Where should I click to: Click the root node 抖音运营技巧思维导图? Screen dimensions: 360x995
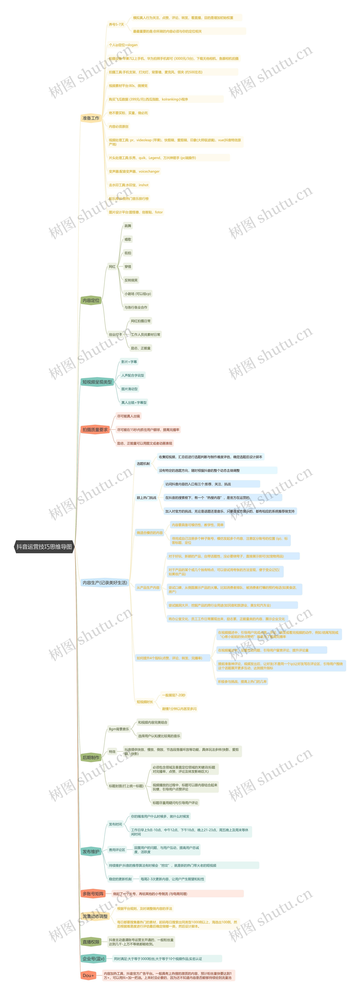click(x=44, y=547)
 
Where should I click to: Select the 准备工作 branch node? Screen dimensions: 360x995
click(x=91, y=118)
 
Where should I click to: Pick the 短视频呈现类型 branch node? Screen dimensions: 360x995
click(x=97, y=382)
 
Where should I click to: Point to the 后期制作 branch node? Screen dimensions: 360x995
click(x=91, y=757)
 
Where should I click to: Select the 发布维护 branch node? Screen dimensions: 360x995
click(x=91, y=851)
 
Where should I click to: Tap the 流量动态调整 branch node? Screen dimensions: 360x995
click(x=95, y=916)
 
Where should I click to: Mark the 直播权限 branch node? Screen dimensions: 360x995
click(x=91, y=942)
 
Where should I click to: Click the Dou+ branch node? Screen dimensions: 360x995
click(x=88, y=975)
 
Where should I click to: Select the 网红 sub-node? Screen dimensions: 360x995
click(x=112, y=266)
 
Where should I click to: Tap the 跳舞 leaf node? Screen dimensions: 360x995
click(x=128, y=226)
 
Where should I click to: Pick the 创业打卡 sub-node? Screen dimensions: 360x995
click(x=115, y=335)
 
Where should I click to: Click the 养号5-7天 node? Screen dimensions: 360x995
click(x=116, y=24)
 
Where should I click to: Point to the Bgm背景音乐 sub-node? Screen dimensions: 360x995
click(x=119, y=729)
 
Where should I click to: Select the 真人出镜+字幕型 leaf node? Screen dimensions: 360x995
click(x=134, y=402)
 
